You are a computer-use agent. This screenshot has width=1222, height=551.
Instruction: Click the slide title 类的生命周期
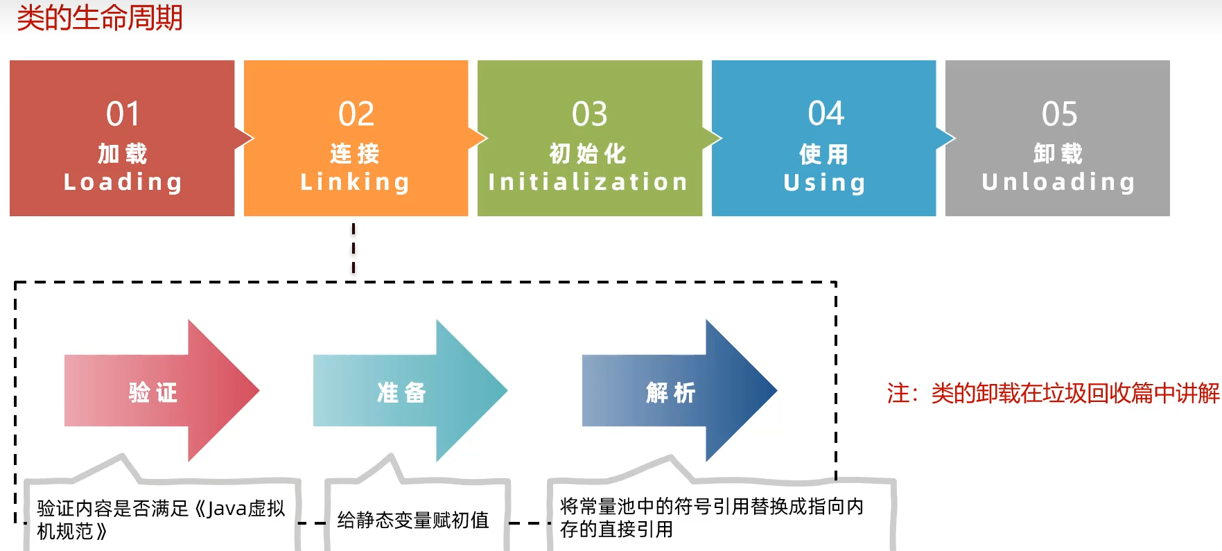point(100,18)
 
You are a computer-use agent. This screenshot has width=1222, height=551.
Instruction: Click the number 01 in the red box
point(123,114)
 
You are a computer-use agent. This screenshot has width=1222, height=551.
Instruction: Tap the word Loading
point(123,182)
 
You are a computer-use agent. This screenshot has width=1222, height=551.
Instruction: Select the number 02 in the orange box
point(356,114)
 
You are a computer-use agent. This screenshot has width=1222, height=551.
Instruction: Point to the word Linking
point(355,182)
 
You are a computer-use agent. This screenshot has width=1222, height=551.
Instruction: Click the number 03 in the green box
point(589,114)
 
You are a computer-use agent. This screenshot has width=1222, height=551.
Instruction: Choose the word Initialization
point(588,182)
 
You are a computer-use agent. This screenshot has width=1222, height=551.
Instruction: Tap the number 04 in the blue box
point(826,114)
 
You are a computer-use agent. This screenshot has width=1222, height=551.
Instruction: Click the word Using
point(824,182)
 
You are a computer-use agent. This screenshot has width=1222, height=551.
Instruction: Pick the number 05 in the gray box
point(1059,114)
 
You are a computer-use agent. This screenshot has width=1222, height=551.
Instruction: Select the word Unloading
point(1058,182)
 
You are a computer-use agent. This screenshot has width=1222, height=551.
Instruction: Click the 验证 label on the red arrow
point(153,392)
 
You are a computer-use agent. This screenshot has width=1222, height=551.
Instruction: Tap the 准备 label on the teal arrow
point(401,392)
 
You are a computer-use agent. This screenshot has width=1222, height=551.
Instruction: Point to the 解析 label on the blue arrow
point(670,392)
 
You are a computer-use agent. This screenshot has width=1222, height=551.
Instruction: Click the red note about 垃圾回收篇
point(1053,393)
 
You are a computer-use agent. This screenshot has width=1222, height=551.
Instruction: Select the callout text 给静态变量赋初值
point(413,520)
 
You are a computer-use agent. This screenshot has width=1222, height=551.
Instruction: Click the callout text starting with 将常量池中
point(711,518)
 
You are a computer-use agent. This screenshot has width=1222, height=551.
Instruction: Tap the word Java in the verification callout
point(226,509)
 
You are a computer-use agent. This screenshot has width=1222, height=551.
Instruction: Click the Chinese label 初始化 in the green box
point(588,153)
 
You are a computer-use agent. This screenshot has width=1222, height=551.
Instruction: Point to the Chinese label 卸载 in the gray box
point(1058,153)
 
